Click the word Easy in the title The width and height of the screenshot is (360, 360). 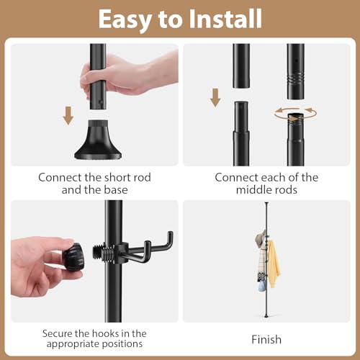(126, 19)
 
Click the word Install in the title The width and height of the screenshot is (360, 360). (225, 19)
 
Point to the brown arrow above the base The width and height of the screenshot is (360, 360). (68, 114)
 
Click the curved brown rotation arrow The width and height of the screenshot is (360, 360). (295, 114)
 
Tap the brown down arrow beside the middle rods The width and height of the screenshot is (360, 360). (215, 96)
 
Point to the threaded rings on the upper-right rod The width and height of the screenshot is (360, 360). (295, 76)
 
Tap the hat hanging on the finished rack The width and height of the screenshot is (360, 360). (258, 240)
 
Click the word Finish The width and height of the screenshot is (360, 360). (266, 339)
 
